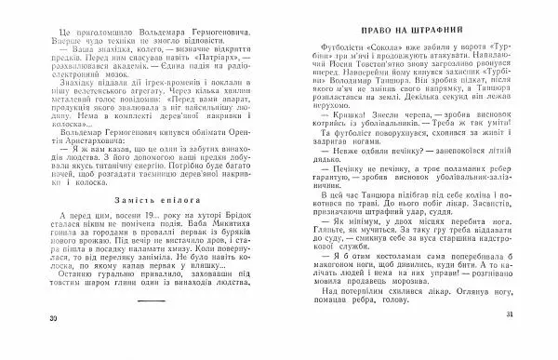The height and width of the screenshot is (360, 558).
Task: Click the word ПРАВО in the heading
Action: (x=375, y=32)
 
